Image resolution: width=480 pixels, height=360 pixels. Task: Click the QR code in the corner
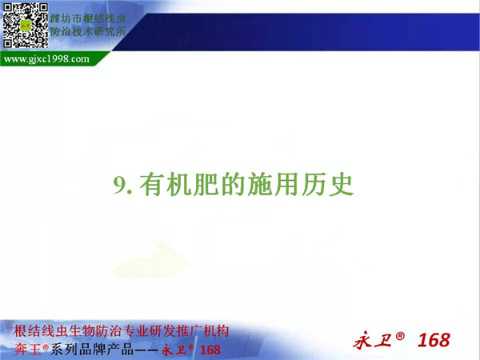coord(25,26)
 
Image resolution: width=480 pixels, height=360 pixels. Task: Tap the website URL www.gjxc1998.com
coord(46,58)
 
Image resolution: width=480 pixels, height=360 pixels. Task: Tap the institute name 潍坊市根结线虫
coord(88,18)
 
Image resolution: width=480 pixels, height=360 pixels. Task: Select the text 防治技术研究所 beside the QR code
coord(88,31)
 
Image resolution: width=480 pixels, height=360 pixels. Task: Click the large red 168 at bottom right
coord(434,340)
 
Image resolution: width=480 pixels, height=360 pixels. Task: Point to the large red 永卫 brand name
coord(373,341)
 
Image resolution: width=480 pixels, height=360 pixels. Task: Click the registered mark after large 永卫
coord(400,336)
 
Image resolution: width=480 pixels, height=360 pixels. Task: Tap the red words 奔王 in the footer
coord(27,350)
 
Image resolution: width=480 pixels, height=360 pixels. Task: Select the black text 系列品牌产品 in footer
coord(92,350)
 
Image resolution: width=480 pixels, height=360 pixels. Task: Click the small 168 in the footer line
coord(210,350)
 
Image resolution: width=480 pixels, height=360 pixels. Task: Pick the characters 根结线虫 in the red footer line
coord(42,331)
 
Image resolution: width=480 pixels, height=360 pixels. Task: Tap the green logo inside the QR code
coord(26,26)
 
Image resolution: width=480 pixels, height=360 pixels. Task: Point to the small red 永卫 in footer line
coord(174,350)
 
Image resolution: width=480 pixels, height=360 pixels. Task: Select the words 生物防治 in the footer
coord(97,331)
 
